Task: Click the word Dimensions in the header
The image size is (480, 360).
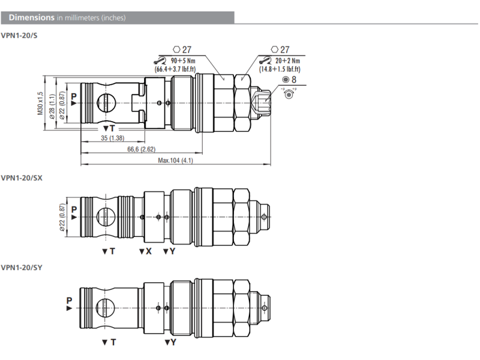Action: (x=31, y=17)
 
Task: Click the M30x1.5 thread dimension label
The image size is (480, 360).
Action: (x=41, y=103)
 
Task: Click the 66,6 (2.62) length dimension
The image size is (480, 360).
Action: (x=142, y=149)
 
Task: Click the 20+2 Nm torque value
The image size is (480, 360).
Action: (x=284, y=61)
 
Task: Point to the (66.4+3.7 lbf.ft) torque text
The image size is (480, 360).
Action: (x=178, y=69)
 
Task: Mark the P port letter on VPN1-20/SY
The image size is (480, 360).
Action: (x=70, y=300)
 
